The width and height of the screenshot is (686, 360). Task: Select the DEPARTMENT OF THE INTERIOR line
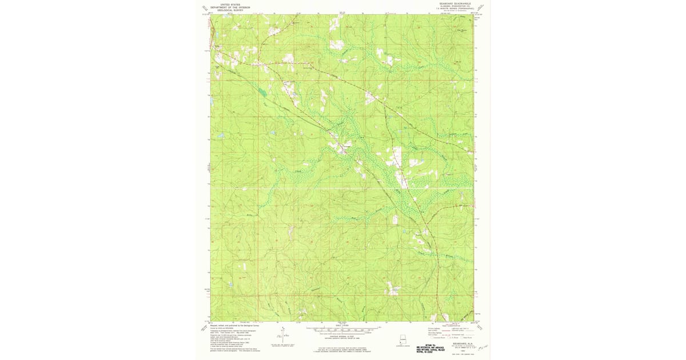(230, 7)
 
